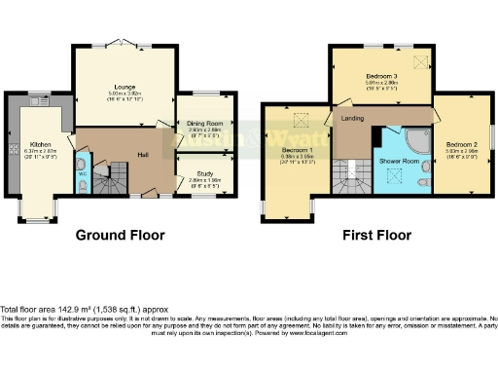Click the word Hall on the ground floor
pos(141,155)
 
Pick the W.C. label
pos(82,174)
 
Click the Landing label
pos(350,118)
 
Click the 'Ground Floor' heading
pos(121,235)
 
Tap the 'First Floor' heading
pos(375,235)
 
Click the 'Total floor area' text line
pos(78,308)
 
